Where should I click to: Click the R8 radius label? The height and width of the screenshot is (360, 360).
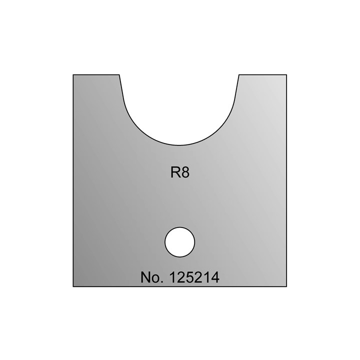179,173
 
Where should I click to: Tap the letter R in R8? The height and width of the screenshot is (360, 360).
174,173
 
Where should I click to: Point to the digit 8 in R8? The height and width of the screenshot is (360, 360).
184,173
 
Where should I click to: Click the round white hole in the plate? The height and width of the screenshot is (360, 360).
179,242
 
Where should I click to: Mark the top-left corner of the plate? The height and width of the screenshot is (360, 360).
73,75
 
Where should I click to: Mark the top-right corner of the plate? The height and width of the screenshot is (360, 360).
286,75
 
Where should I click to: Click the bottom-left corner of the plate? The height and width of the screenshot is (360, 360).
73,286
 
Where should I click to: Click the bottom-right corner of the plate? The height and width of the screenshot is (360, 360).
286,286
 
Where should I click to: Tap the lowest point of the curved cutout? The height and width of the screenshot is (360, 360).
179,143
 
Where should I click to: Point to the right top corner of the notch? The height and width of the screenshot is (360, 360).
239,75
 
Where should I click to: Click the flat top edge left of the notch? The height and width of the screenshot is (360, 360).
96,75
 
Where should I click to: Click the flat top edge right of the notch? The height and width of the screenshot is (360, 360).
263,75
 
